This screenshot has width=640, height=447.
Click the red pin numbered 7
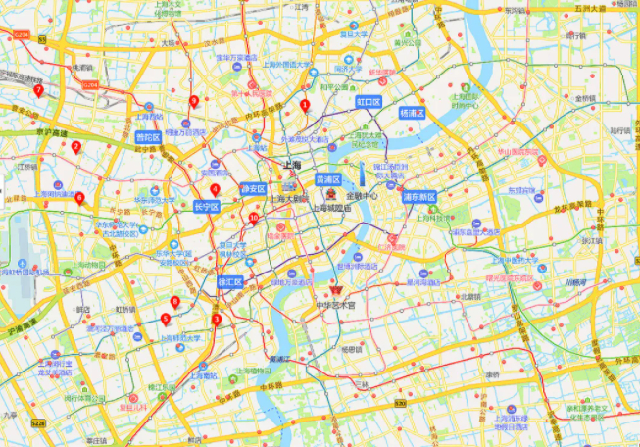38,90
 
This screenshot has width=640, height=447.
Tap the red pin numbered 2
75,147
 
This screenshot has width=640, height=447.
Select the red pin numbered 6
79,197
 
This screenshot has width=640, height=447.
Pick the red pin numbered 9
194,101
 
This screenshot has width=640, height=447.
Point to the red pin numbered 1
305,105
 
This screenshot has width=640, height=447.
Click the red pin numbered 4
215,189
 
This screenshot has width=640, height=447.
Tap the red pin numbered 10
254,218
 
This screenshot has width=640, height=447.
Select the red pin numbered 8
175,302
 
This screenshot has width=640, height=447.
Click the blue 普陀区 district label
148,138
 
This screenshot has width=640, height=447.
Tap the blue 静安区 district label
253,188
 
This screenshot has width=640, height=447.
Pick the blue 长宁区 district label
207,207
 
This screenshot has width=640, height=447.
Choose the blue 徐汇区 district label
229,281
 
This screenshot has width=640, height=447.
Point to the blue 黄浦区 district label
327,180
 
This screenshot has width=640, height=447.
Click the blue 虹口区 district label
368,101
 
